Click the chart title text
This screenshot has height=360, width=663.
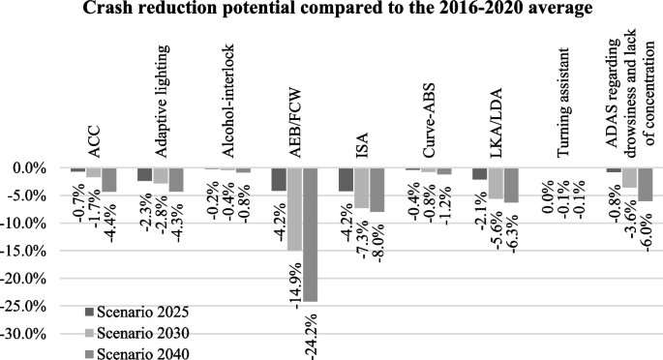332,10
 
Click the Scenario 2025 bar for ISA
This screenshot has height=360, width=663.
346,179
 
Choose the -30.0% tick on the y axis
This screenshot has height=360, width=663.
24,334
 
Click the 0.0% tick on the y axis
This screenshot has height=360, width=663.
29,168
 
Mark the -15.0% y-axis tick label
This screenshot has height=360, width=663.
24,251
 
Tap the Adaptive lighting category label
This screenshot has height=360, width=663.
163,98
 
